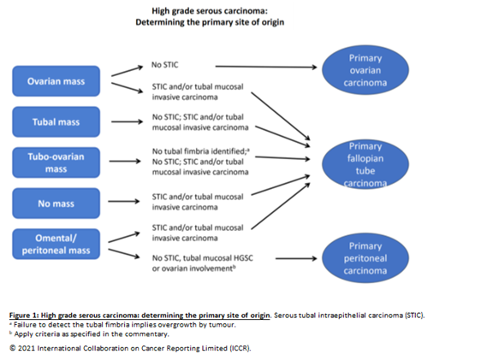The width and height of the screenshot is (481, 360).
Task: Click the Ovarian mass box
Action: click(x=56, y=82)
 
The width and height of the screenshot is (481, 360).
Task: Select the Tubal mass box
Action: click(x=56, y=122)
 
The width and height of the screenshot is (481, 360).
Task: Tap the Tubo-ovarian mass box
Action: click(x=56, y=162)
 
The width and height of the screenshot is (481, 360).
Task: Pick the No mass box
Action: click(x=56, y=203)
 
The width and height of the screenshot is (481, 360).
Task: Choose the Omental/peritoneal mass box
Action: click(x=56, y=244)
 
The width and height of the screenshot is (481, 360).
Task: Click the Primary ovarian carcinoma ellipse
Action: click(x=365, y=71)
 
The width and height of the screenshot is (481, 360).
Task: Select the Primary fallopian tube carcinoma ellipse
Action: click(x=365, y=163)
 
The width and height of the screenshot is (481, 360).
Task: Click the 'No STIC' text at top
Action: click(x=166, y=65)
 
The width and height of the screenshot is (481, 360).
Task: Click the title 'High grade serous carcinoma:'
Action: click(x=210, y=11)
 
